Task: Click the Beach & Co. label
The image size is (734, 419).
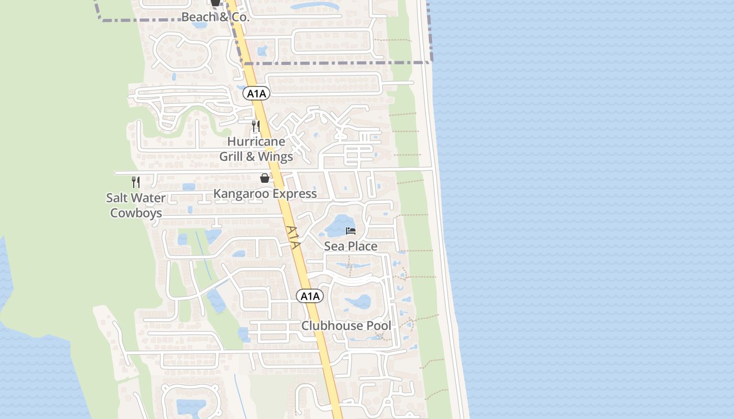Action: (x=215, y=17)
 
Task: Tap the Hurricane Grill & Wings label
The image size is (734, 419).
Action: (x=256, y=149)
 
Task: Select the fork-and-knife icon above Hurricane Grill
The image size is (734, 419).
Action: (x=255, y=126)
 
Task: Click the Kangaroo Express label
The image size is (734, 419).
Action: (x=265, y=194)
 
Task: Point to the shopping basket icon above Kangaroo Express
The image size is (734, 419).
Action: (x=265, y=179)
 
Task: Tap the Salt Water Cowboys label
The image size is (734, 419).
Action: (x=136, y=205)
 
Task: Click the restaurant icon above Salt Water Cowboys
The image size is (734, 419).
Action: (x=136, y=182)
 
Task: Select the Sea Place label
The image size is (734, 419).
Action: (x=350, y=246)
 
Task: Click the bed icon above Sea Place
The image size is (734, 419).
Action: (x=351, y=231)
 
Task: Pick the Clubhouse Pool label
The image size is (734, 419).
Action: (x=346, y=326)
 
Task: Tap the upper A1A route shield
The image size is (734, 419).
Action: (x=256, y=94)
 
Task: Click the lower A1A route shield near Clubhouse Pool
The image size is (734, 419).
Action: (x=310, y=296)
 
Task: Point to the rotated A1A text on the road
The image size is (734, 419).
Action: (x=294, y=237)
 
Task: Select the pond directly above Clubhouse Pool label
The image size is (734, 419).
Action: (x=358, y=302)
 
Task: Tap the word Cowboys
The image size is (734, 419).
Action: (x=136, y=213)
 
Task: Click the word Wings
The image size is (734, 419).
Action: (x=276, y=156)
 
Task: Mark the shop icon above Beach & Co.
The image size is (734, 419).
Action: (x=215, y=3)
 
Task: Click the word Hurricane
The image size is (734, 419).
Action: (x=256, y=141)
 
